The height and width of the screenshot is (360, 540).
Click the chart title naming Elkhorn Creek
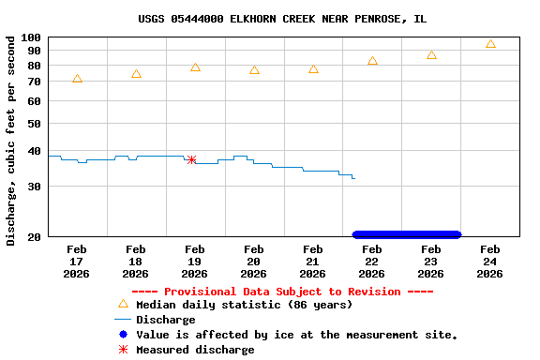[282, 19]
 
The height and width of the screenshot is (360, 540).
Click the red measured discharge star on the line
[191, 160]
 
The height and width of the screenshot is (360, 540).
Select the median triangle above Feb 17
[77, 79]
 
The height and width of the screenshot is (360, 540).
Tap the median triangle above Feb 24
[490, 44]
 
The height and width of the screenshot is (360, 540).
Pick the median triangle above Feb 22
[372, 61]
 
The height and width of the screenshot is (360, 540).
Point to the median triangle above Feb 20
[254, 70]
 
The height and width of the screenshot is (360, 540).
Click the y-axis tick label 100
[32, 38]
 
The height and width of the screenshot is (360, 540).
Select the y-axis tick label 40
[35, 151]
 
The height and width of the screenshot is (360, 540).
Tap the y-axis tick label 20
[35, 237]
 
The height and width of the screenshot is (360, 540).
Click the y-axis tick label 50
[35, 124]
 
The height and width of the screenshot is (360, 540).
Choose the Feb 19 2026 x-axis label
[194, 262]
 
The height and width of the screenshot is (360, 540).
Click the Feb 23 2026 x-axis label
[430, 262]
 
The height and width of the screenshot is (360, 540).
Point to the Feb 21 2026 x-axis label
[312, 262]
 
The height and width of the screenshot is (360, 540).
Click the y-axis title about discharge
[11, 141]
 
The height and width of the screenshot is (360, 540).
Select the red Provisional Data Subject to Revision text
[295, 292]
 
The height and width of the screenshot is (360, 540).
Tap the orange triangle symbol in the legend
[123, 304]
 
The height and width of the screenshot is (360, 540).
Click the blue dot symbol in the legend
[123, 334]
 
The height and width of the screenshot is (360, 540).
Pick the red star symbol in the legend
[123, 349]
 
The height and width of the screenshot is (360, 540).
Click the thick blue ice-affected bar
[406, 234]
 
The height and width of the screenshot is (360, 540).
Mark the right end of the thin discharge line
[354, 178]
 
